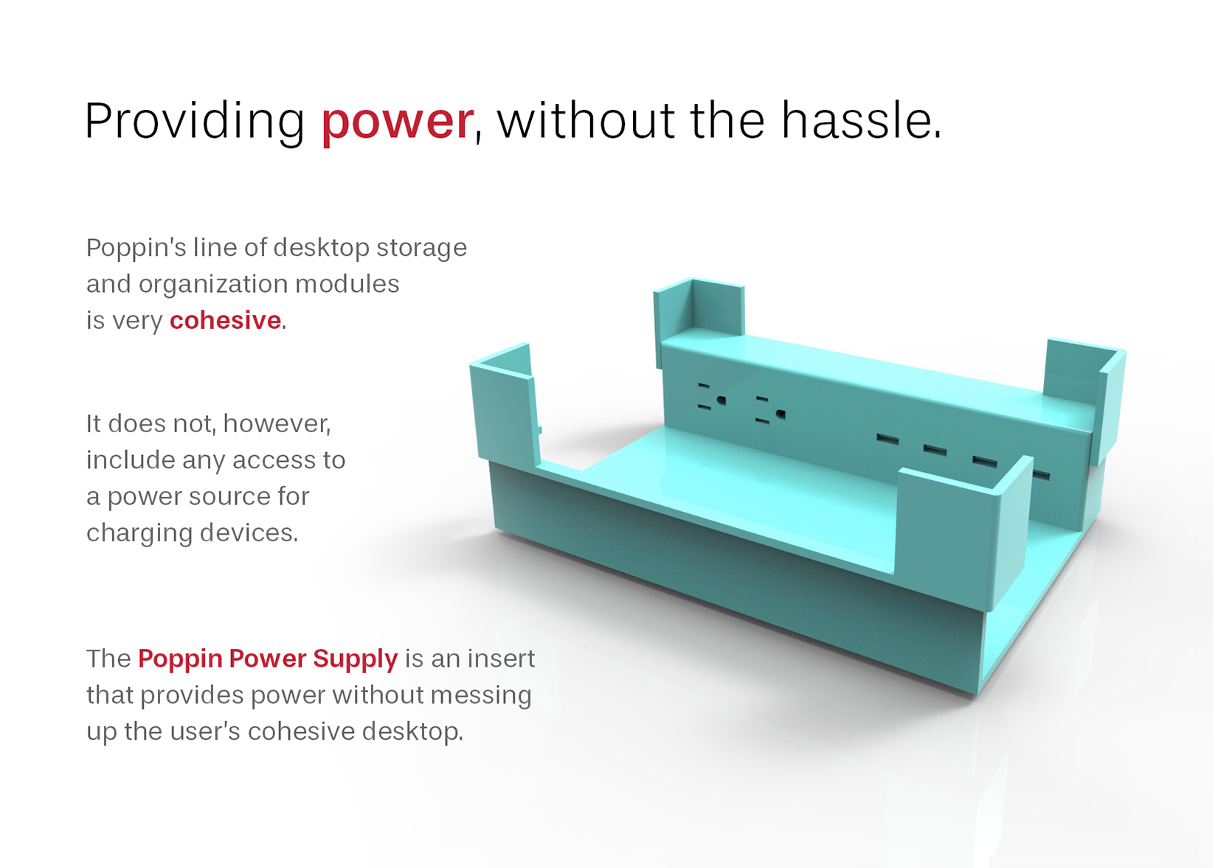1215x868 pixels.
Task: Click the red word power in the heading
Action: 397,122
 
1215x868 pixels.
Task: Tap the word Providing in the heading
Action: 195,121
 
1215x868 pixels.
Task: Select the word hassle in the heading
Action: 861,119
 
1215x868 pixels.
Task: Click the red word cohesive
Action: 225,320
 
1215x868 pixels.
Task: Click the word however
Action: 277,424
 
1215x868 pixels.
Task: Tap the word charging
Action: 139,533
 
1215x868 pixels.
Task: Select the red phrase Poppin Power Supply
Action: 268,659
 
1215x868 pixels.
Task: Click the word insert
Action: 501,659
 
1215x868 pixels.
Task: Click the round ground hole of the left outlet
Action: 721,400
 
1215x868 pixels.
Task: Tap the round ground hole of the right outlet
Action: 780,414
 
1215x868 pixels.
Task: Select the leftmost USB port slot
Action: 888,439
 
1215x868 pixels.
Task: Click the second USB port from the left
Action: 935,451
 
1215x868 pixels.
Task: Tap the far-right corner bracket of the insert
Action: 1085,396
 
